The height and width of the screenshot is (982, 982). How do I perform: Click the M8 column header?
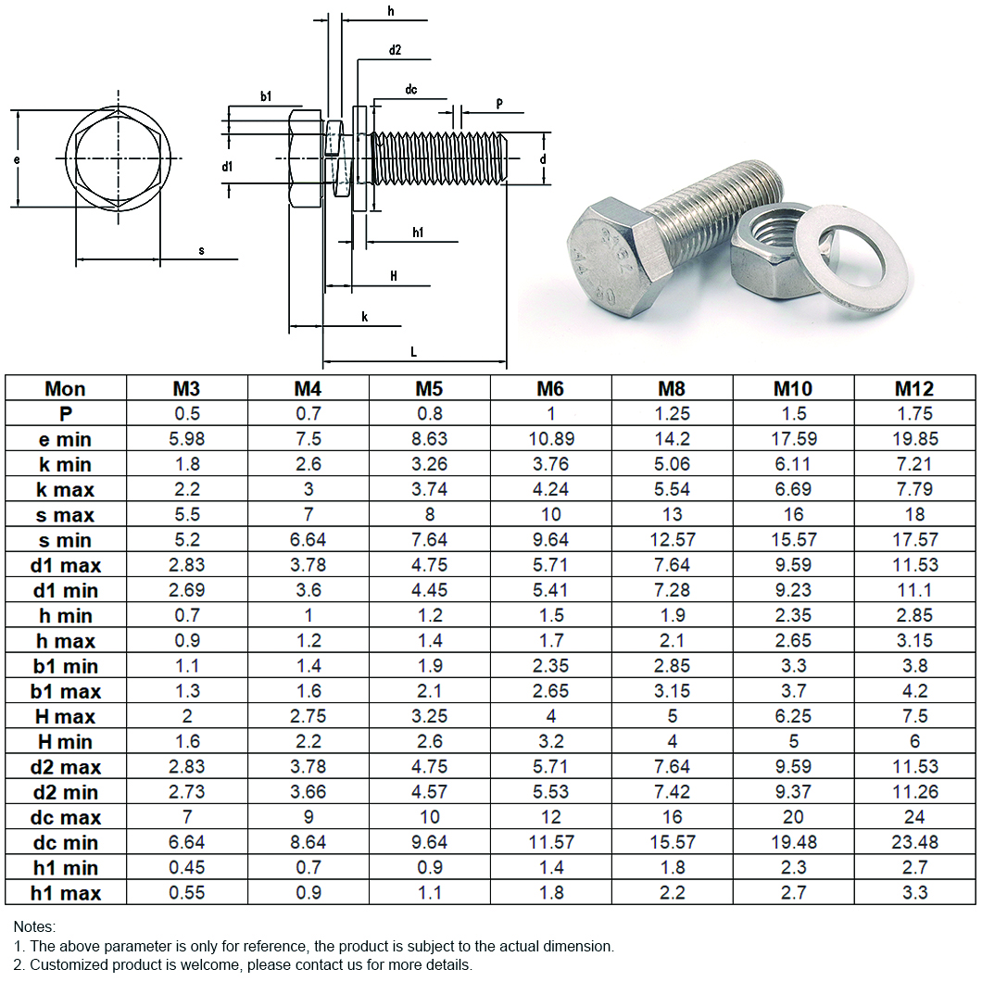click(672, 388)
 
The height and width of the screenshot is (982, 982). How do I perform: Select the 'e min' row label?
click(65, 439)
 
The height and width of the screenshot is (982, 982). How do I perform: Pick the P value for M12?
click(914, 414)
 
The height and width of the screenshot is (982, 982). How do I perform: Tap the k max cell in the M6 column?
click(550, 489)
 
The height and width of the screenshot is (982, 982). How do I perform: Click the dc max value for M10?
click(793, 817)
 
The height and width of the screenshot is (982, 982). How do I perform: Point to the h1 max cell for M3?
click(186, 892)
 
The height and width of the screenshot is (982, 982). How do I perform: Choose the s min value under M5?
click(429, 539)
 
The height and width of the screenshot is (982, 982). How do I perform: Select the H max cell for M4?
click(308, 716)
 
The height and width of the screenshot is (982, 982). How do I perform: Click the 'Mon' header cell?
click(65, 388)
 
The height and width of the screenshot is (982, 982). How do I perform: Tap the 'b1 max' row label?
click(65, 691)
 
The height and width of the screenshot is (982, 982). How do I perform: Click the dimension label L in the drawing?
click(413, 352)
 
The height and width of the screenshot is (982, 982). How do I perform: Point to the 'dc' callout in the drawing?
click(411, 90)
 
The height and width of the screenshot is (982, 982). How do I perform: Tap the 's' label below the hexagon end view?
click(201, 251)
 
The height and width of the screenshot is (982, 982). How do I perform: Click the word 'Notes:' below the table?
click(34, 926)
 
